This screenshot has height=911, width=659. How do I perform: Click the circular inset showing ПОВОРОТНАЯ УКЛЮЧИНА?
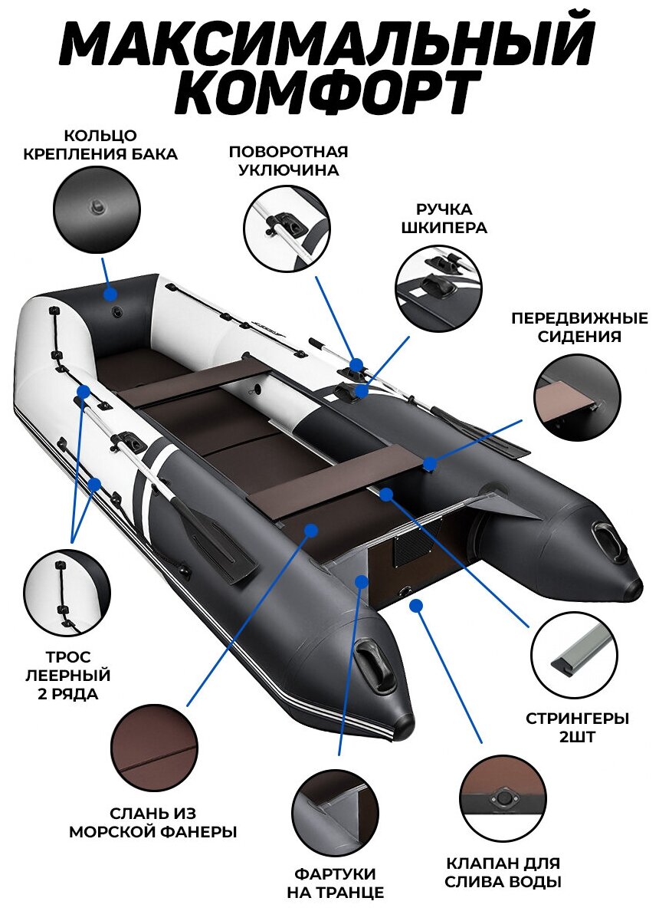287,228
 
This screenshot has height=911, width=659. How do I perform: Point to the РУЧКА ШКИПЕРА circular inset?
438,288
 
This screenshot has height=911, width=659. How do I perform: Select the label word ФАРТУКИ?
335,873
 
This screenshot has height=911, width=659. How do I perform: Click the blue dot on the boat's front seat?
430,464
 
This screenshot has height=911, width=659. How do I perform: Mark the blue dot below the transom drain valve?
416,606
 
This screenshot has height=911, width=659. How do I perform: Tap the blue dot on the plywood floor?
310,529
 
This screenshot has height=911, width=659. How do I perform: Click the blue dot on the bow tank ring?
110,294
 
